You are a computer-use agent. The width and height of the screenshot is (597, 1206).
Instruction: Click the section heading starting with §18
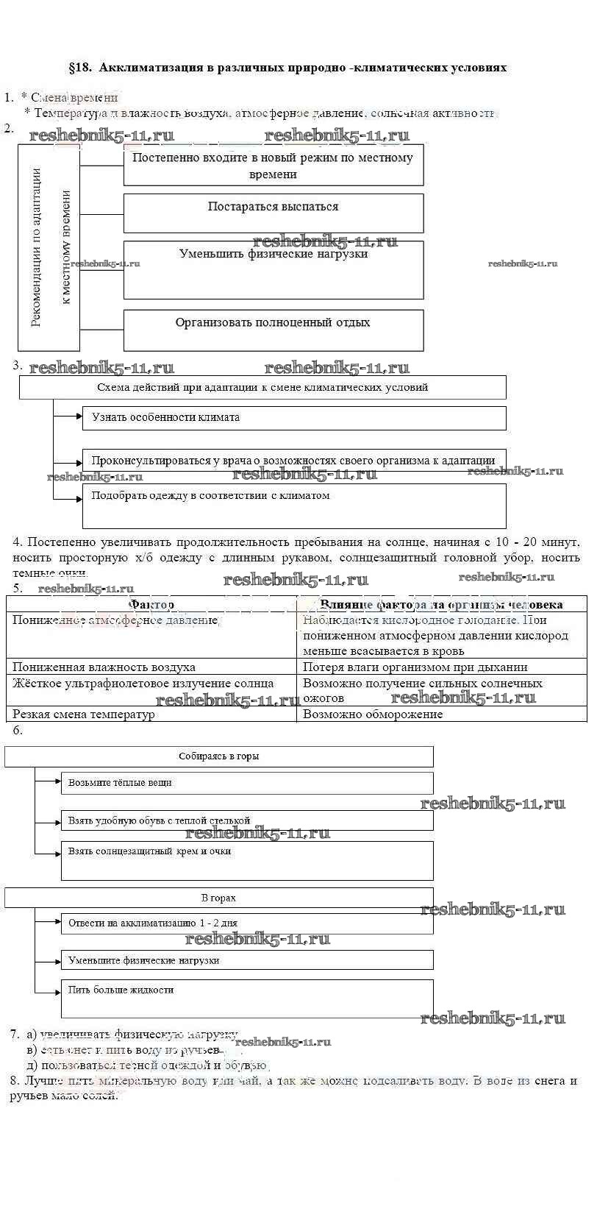click(287, 68)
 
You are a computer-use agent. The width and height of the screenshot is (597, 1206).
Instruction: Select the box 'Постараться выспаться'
click(274, 213)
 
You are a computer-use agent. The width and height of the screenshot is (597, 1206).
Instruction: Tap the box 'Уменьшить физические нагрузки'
click(274, 269)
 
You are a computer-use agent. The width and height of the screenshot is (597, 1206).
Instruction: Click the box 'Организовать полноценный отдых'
click(274, 330)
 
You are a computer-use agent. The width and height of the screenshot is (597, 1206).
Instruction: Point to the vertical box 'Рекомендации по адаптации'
click(49, 247)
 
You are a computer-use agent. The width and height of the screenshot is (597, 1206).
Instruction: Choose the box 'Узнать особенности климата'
click(294, 418)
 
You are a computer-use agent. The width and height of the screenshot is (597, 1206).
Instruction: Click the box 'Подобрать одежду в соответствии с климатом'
click(294, 506)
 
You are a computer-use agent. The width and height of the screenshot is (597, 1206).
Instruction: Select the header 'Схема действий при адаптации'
click(262, 387)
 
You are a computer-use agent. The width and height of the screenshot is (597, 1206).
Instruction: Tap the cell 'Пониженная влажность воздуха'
click(151, 667)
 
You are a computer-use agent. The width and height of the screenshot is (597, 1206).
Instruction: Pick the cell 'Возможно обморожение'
click(441, 714)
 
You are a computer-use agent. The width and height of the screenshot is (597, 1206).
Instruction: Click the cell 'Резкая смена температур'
click(151, 714)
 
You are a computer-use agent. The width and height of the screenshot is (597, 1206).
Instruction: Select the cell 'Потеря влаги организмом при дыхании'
click(441, 667)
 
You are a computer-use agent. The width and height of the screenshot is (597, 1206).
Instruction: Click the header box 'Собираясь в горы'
click(219, 756)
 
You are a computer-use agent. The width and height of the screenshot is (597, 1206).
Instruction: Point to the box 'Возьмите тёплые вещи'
click(247, 783)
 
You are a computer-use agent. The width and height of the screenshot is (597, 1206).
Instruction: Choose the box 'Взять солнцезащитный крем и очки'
click(247, 860)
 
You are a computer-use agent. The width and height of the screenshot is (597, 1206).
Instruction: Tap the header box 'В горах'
click(219, 898)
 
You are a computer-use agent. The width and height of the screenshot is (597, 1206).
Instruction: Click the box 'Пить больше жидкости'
click(247, 998)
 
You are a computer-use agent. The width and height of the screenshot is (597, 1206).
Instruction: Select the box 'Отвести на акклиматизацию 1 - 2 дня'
click(247, 923)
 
